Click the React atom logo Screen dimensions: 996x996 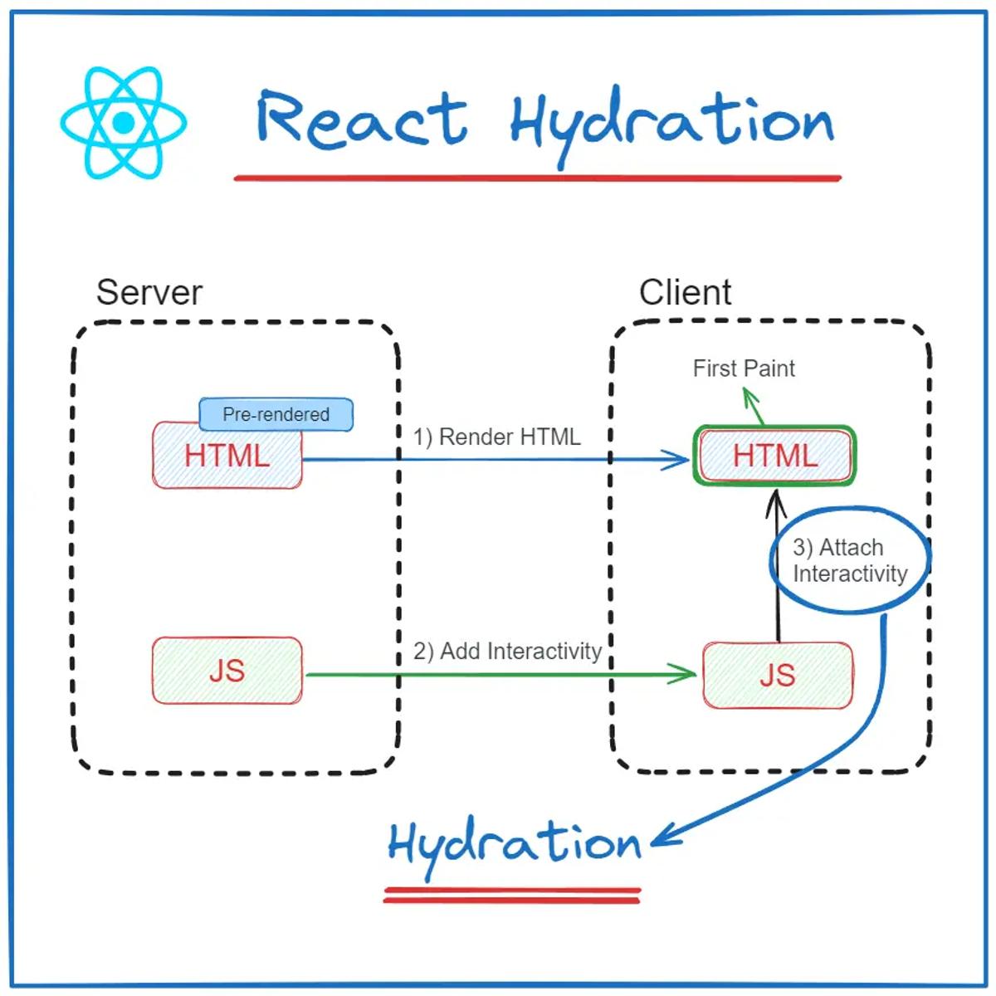click(x=123, y=123)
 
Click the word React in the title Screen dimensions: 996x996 click(x=361, y=120)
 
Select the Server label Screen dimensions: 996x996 click(x=149, y=293)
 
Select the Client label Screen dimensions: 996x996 click(x=685, y=293)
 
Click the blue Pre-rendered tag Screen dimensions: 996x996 click(x=276, y=414)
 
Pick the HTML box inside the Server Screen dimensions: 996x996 click(x=227, y=456)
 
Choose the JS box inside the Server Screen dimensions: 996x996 click(x=227, y=671)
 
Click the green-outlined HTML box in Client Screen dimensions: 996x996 click(x=774, y=456)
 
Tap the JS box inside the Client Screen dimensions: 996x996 click(x=778, y=676)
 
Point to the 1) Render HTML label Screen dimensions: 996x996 click(x=496, y=437)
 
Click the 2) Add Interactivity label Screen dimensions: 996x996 click(x=507, y=652)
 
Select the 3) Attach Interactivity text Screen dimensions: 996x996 click(x=848, y=561)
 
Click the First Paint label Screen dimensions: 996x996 click(x=744, y=369)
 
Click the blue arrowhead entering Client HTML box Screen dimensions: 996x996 click(x=679, y=459)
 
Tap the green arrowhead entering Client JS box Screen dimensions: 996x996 click(x=686, y=674)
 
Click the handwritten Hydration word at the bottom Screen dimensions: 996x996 click(x=515, y=845)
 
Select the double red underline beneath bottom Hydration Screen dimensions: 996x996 click(x=512, y=895)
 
